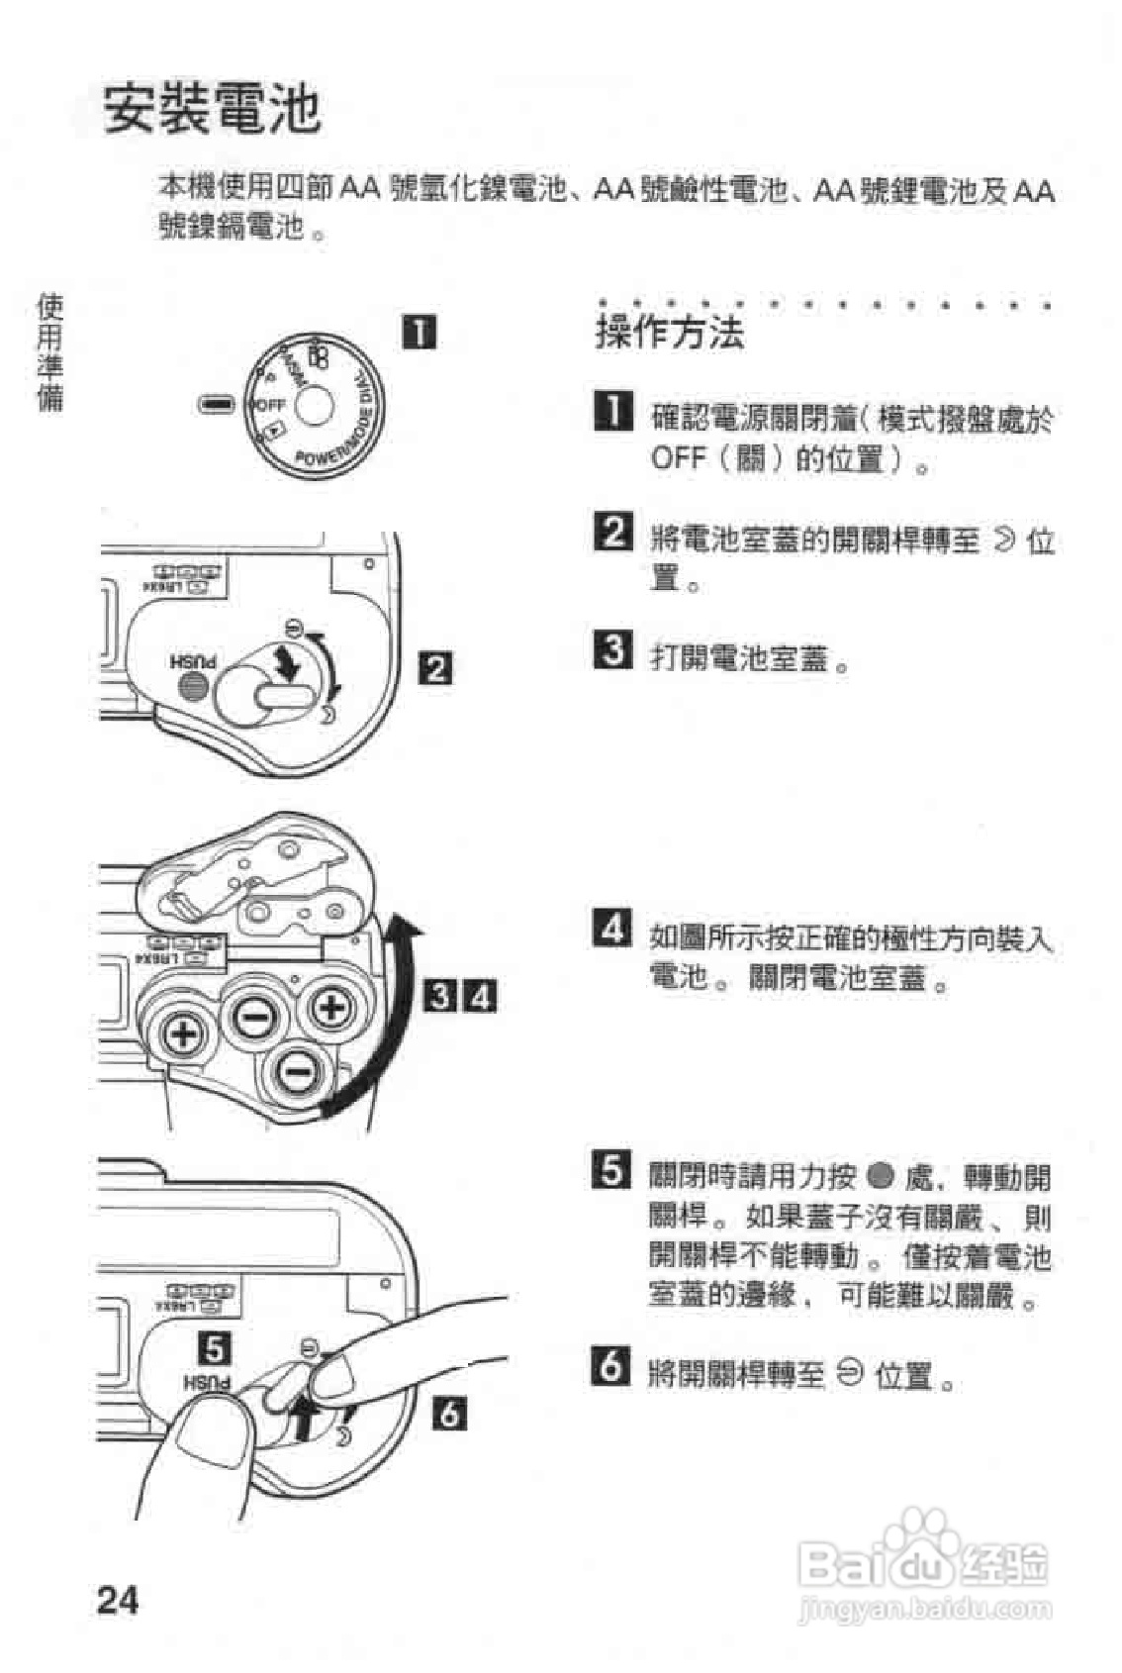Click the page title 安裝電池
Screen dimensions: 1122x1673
coord(213,109)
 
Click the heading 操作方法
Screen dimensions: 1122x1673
coord(669,332)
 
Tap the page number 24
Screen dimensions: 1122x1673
coord(118,1600)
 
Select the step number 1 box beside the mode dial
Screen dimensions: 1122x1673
coord(420,332)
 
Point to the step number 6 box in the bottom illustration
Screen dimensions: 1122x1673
coord(449,1414)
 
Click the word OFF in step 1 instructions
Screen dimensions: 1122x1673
coord(678,458)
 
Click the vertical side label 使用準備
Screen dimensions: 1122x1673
coord(50,351)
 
